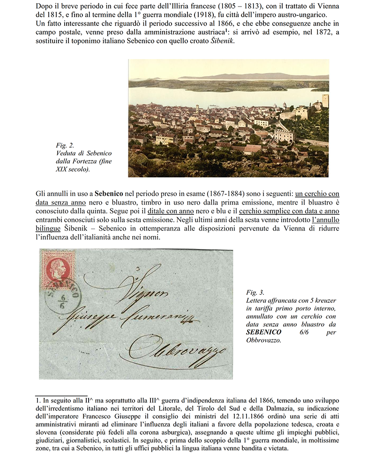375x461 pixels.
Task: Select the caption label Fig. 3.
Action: tap(255, 292)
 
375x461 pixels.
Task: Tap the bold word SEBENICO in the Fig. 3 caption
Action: tap(262, 332)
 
